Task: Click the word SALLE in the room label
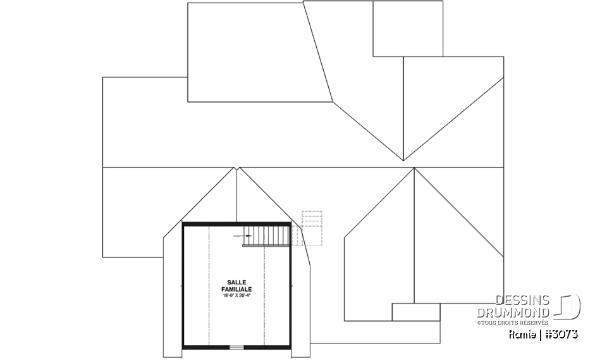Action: [x=236, y=283]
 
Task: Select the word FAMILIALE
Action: [x=236, y=290]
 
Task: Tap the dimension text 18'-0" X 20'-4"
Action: [x=236, y=295]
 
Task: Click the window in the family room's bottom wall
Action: [x=236, y=347]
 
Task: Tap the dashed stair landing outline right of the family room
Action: [x=312, y=228]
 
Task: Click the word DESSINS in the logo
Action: [x=523, y=301]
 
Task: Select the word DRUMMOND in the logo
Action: [x=513, y=313]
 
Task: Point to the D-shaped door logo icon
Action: [x=567, y=306]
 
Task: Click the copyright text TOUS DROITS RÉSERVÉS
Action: [x=514, y=323]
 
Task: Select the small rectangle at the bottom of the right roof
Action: [x=416, y=312]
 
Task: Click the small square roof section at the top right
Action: [x=408, y=28]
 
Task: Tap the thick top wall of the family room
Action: [x=236, y=224]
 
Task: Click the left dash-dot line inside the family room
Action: [x=209, y=285]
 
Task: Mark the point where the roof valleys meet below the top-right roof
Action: [x=403, y=161]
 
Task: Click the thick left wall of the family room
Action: [x=183, y=285]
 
